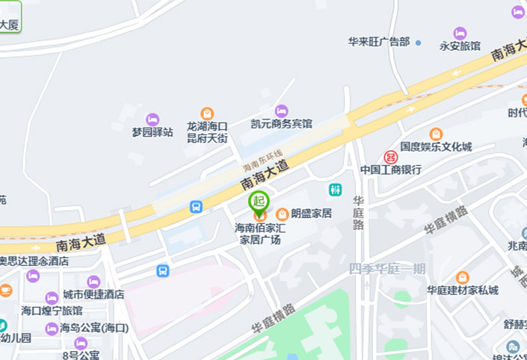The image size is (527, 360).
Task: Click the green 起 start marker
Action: [259, 201]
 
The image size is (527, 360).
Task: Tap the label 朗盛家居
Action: [311, 214]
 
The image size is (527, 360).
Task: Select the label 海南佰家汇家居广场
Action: [260, 234]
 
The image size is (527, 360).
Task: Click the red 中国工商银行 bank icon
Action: [390, 157]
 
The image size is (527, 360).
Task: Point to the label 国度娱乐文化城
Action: [436, 147]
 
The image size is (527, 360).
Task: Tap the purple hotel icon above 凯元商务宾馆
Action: [281, 111]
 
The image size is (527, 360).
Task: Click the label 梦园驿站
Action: [152, 132]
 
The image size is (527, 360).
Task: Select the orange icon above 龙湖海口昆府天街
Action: [207, 114]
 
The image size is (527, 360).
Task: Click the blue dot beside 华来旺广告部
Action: [418, 43]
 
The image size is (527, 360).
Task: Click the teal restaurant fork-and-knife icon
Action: [336, 190]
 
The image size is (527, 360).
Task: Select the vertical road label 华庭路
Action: [359, 213]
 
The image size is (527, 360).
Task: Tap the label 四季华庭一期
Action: [386, 269]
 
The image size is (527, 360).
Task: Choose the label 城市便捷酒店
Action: [93, 294]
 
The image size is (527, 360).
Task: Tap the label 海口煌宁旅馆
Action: [52, 311]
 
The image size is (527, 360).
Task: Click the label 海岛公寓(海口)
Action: [94, 328]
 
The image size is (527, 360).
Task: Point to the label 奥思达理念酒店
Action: [34, 261]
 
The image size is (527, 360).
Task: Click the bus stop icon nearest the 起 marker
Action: [196, 207]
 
